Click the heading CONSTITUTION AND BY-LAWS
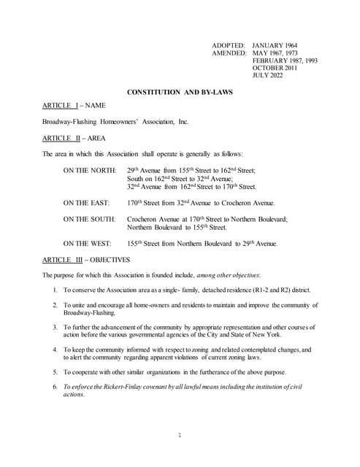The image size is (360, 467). (179, 92)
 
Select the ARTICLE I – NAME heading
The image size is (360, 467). (74, 106)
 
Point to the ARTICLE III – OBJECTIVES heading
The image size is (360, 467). (85, 260)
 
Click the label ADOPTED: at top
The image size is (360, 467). (229, 45)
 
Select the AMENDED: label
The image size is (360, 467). (229, 53)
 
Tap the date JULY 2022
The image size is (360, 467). (268, 75)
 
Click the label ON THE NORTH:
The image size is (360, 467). (90, 170)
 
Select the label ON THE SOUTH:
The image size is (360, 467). (89, 219)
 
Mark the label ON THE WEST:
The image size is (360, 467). (87, 243)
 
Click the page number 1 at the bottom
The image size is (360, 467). (180, 436)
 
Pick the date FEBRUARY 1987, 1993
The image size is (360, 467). (285, 61)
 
